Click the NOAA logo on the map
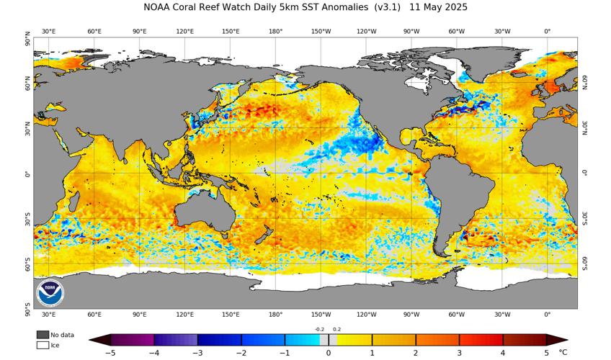[x=50, y=292]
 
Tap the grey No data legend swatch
[x=43, y=335]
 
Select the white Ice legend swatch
[x=43, y=345]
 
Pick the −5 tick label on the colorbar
[x=111, y=353]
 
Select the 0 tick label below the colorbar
[x=329, y=353]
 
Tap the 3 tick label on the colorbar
[x=460, y=353]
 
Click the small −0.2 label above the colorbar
[x=320, y=329]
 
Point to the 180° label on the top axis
[x=275, y=32]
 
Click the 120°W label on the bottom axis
[x=366, y=315]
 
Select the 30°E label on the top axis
[x=49, y=32]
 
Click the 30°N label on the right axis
[x=584, y=130]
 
